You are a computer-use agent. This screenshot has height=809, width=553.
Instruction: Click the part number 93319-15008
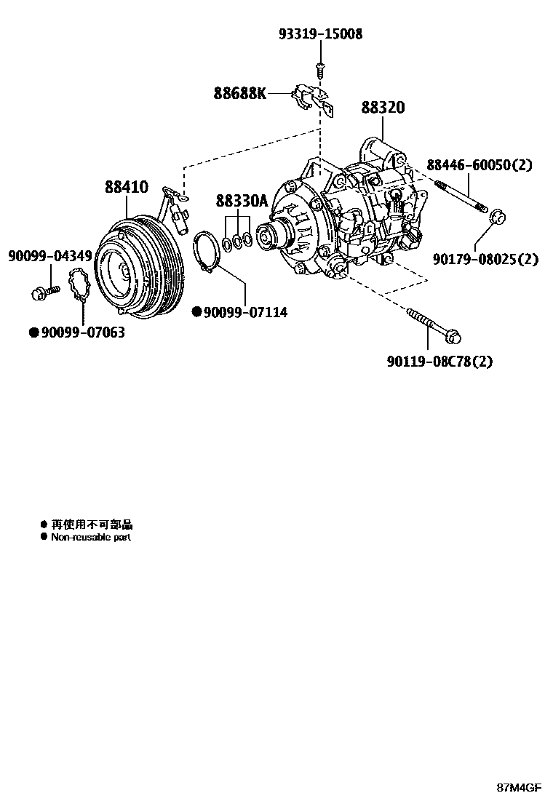click(x=320, y=34)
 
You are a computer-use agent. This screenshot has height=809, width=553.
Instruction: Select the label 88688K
click(x=240, y=93)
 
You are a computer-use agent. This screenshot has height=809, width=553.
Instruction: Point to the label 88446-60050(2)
click(x=479, y=165)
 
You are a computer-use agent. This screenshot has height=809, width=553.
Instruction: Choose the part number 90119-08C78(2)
click(x=439, y=361)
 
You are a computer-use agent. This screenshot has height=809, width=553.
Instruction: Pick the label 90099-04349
click(x=49, y=255)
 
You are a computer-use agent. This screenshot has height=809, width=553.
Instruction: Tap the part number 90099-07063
click(x=82, y=332)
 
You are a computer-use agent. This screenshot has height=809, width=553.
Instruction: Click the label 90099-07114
click(x=245, y=312)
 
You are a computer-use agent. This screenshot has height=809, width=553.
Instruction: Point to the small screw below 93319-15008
click(x=319, y=68)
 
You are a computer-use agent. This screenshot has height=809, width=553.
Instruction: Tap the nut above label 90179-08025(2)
click(x=496, y=216)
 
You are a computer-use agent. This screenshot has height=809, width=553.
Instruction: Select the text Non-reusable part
click(x=90, y=537)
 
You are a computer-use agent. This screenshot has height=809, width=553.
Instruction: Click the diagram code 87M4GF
click(x=520, y=788)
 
